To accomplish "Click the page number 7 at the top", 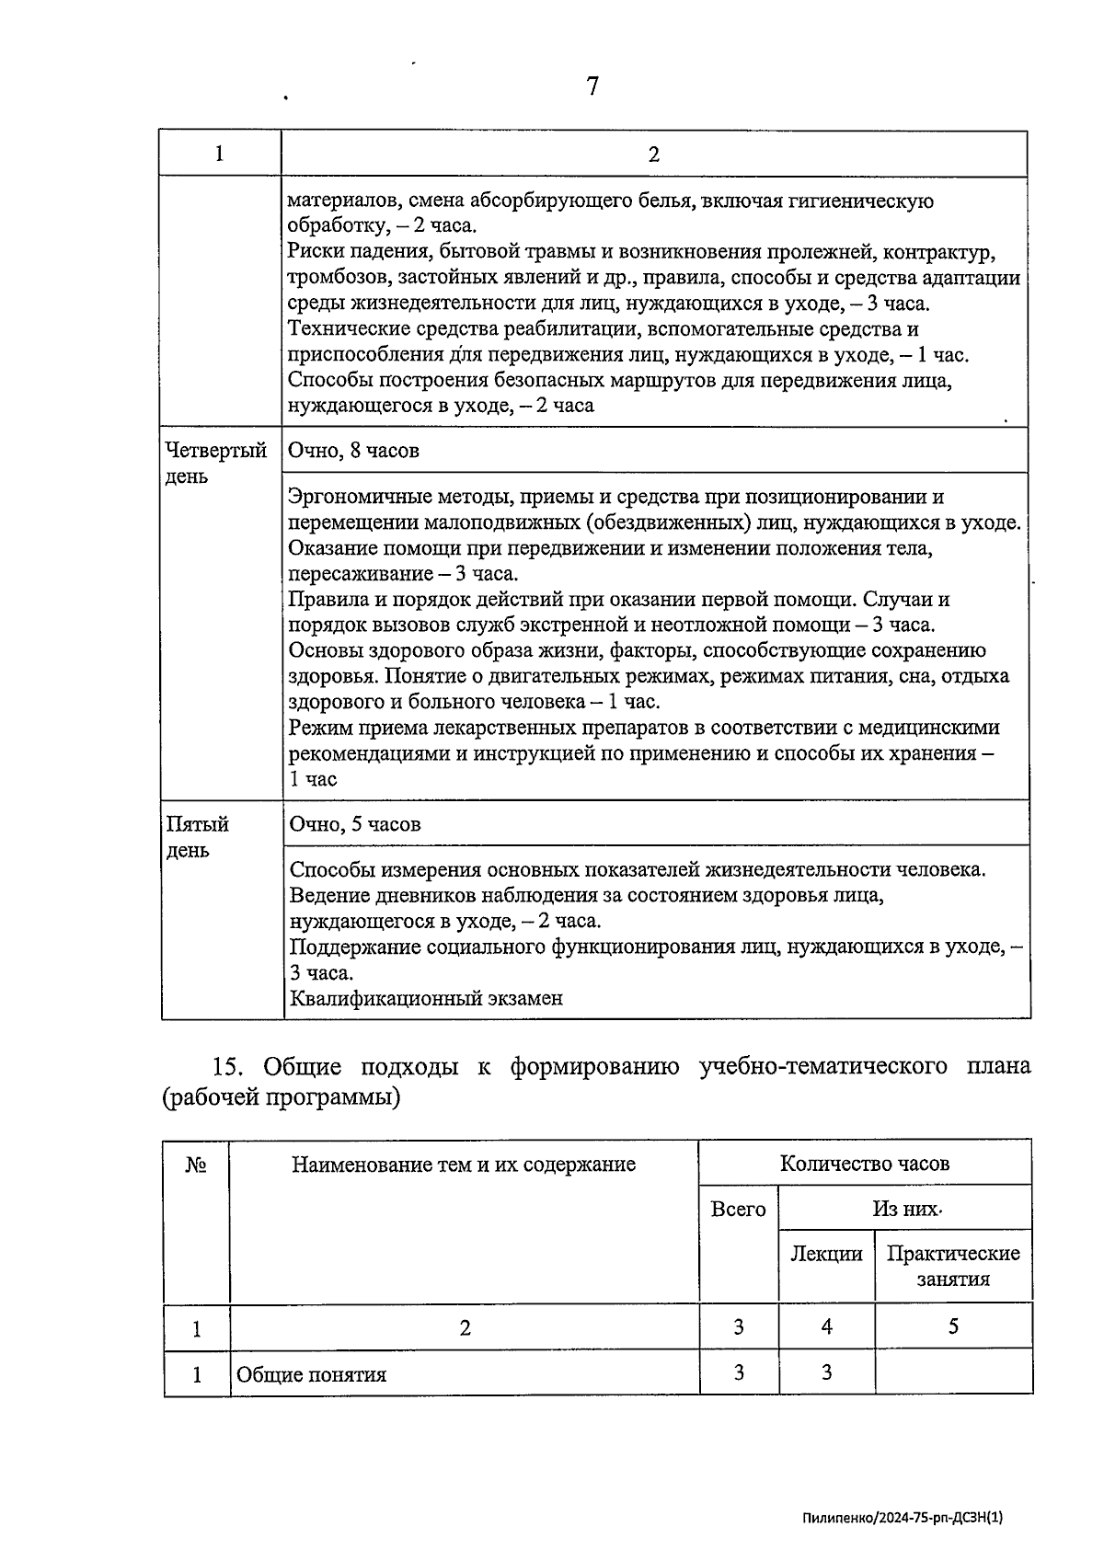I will coord(592,86).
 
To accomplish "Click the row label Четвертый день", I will coord(215,463).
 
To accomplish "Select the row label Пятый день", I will coord(197,836).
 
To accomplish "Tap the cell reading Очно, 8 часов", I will coord(354,451).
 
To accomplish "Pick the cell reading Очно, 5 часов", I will coord(355,824).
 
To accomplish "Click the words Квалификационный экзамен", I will coord(426,998).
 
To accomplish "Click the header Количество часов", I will coord(864,1164).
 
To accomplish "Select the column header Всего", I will coord(738,1210).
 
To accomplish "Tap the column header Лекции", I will coord(826,1254).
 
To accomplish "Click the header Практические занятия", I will coord(952,1266).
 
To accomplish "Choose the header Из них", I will coord(906,1210).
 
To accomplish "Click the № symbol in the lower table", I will coord(195,1165).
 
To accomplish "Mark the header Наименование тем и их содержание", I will coord(464,1165).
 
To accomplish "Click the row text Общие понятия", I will coord(311,1375).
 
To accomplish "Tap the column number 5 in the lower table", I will coord(953,1326).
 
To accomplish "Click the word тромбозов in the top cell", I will coord(331,278).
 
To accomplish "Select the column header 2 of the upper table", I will coord(653,155).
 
